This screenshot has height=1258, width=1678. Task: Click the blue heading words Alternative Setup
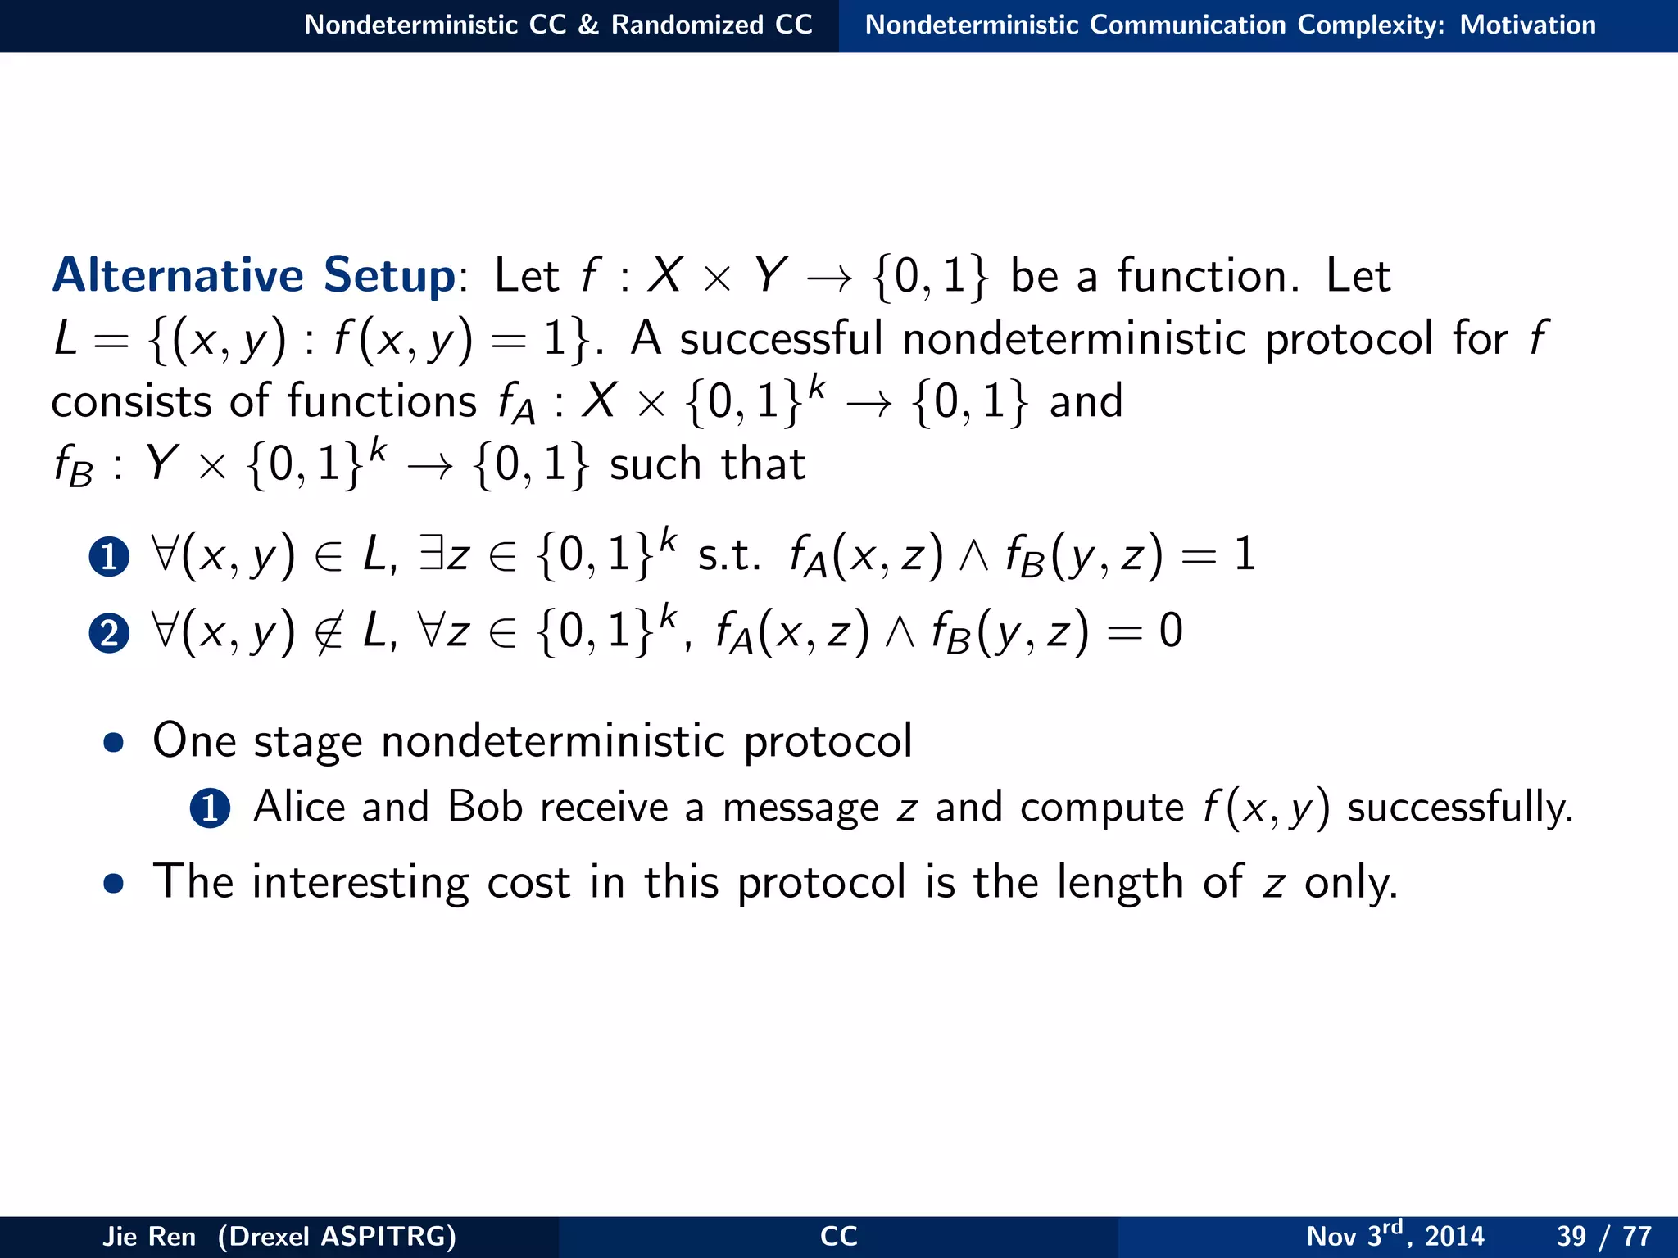(x=253, y=275)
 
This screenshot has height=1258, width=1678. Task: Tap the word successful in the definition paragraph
(x=781, y=338)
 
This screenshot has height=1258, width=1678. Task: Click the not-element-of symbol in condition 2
(x=329, y=632)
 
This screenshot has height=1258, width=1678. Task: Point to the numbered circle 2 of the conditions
(x=109, y=633)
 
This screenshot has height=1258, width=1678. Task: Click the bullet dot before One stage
(x=114, y=743)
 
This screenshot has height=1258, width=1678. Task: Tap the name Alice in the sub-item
(x=299, y=807)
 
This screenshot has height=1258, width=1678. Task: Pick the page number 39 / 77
(x=1603, y=1236)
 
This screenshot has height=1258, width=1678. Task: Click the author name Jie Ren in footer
(x=149, y=1236)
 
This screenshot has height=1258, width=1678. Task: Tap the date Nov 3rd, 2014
(x=1395, y=1235)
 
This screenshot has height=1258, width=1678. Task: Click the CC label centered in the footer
(x=838, y=1236)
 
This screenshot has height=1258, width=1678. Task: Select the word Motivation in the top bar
(x=1527, y=25)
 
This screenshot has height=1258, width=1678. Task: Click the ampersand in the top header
(x=588, y=25)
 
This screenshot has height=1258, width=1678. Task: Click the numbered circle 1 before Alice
(x=210, y=808)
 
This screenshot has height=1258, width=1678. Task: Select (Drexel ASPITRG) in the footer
(x=337, y=1236)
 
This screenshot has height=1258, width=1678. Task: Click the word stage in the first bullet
(x=307, y=742)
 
